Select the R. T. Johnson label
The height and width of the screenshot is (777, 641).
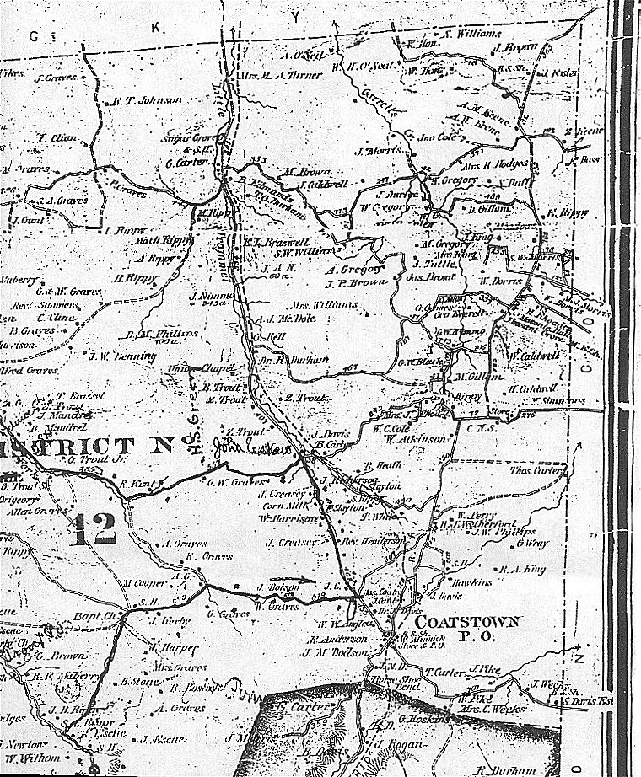point(147,100)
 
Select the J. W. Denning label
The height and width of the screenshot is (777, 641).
point(122,356)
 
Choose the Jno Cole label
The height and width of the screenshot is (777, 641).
point(436,136)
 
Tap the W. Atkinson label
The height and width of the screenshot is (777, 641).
point(407,438)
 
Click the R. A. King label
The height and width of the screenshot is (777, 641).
point(519,569)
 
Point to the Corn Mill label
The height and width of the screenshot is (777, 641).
point(282,506)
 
